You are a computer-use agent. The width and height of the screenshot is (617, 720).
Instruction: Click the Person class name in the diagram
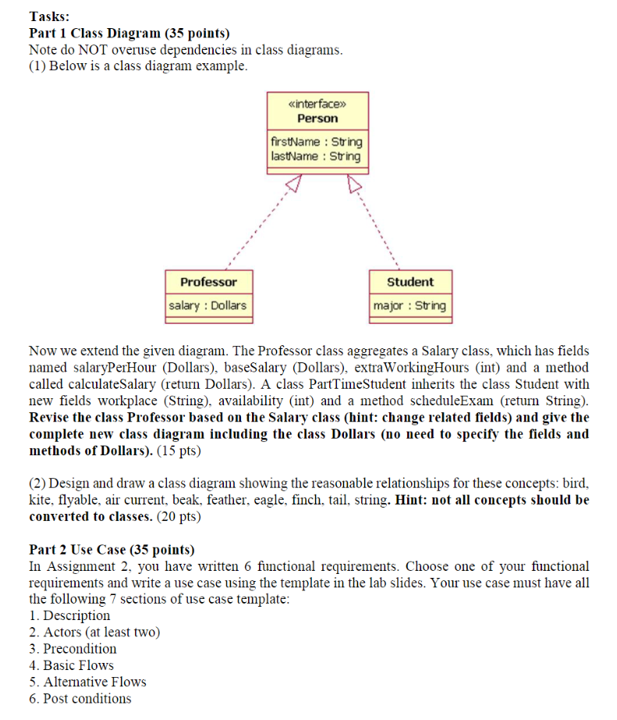[317, 119]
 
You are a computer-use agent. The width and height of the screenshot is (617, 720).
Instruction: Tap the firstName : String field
[316, 142]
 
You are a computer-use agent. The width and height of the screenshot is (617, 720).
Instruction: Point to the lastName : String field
[316, 156]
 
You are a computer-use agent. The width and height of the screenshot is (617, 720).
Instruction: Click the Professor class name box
[208, 282]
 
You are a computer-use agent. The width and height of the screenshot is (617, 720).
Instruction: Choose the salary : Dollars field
[208, 305]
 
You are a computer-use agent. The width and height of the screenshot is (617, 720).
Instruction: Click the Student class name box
[410, 282]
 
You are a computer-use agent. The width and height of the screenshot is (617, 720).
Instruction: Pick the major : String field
[410, 305]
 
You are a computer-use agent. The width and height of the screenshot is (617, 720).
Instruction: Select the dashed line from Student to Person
[378, 227]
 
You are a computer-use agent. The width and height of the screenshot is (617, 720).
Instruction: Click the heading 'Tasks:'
[49, 16]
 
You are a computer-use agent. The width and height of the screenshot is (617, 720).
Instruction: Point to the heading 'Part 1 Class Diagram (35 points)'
[129, 33]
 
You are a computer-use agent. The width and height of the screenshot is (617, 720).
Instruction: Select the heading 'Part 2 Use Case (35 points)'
[112, 549]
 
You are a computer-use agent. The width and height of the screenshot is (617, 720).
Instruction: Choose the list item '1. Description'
[69, 615]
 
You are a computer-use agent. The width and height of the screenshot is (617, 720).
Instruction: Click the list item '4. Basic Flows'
[71, 665]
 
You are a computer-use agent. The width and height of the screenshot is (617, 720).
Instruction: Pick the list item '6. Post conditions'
[80, 698]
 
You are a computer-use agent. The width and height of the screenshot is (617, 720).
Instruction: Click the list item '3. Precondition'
[73, 648]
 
